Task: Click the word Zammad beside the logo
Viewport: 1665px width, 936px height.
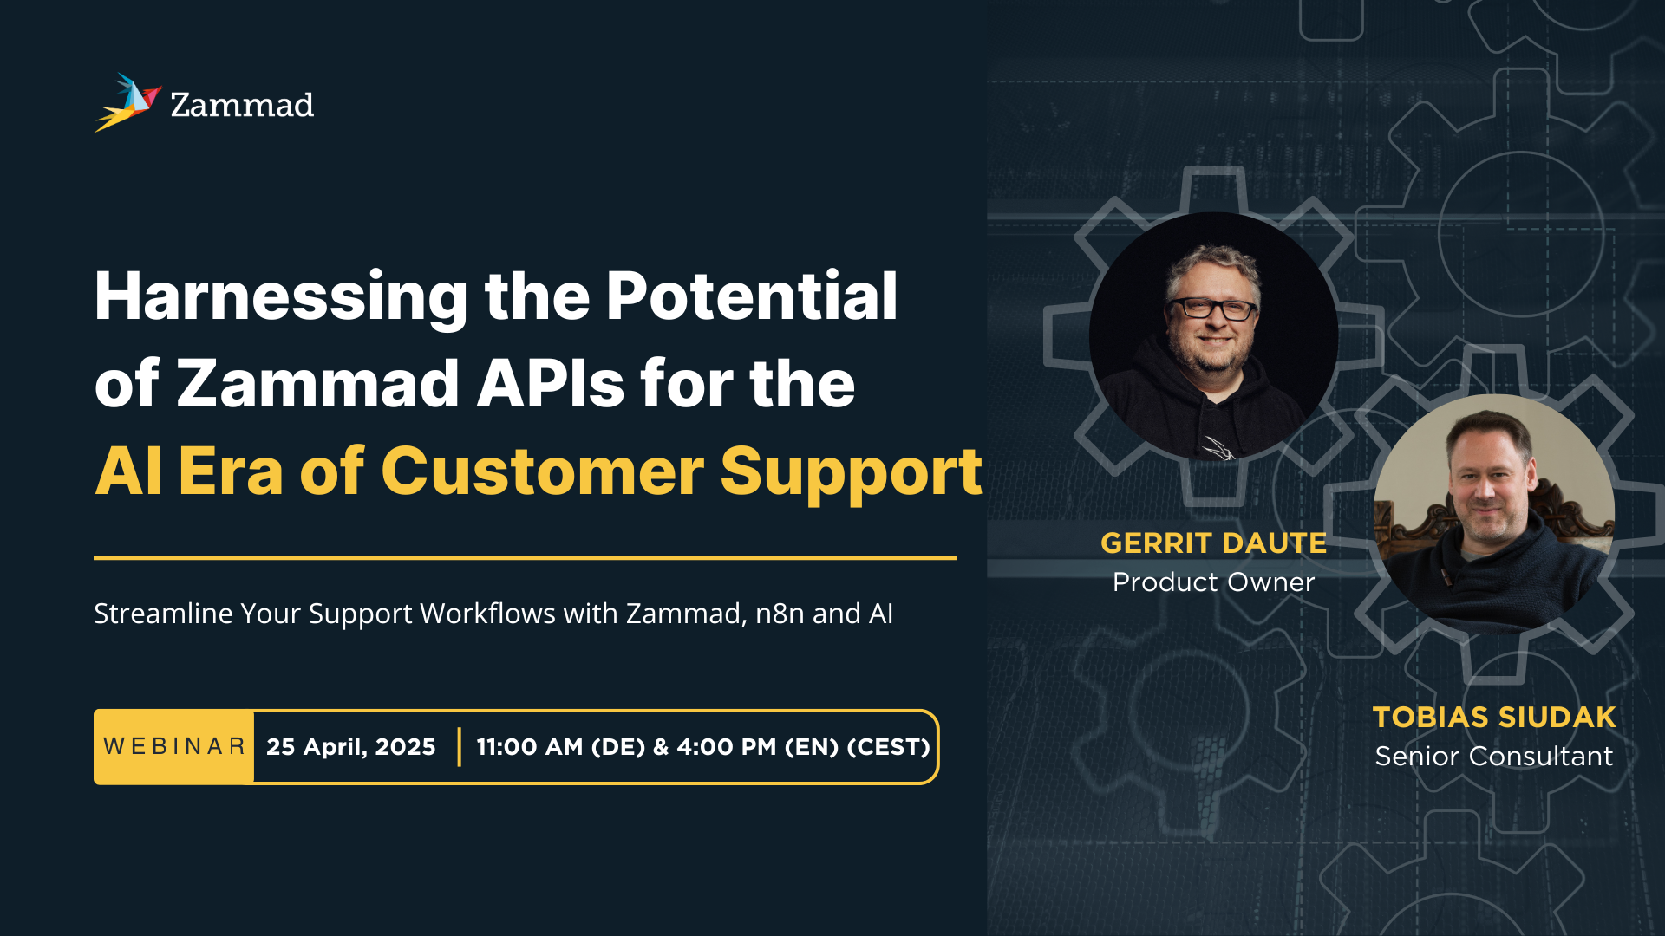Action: pyautogui.click(x=242, y=105)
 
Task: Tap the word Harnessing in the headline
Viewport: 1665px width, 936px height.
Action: pyautogui.click(x=281, y=297)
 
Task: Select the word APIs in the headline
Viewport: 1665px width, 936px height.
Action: pyautogui.click(x=551, y=383)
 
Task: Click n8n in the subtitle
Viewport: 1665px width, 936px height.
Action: pyautogui.click(x=780, y=614)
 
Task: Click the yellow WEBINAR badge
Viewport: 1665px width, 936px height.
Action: pyautogui.click(x=174, y=747)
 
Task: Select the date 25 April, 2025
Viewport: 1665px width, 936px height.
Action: pyautogui.click(x=351, y=747)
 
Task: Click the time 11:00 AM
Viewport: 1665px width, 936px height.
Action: pyautogui.click(x=530, y=747)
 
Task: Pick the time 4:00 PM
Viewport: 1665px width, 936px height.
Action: pyautogui.click(x=727, y=747)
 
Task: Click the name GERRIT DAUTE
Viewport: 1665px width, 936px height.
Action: pyautogui.click(x=1214, y=543)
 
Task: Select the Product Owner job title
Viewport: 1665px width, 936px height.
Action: pyautogui.click(x=1214, y=582)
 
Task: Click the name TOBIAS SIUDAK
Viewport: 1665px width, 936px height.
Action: pyautogui.click(x=1494, y=717)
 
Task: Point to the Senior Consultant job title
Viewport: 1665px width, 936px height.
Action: pyautogui.click(x=1494, y=756)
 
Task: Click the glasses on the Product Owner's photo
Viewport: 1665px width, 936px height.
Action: pyautogui.click(x=1211, y=309)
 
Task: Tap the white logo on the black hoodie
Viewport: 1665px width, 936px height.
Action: pyautogui.click(x=1218, y=448)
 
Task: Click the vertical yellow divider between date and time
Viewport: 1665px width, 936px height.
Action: pyautogui.click(x=459, y=747)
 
